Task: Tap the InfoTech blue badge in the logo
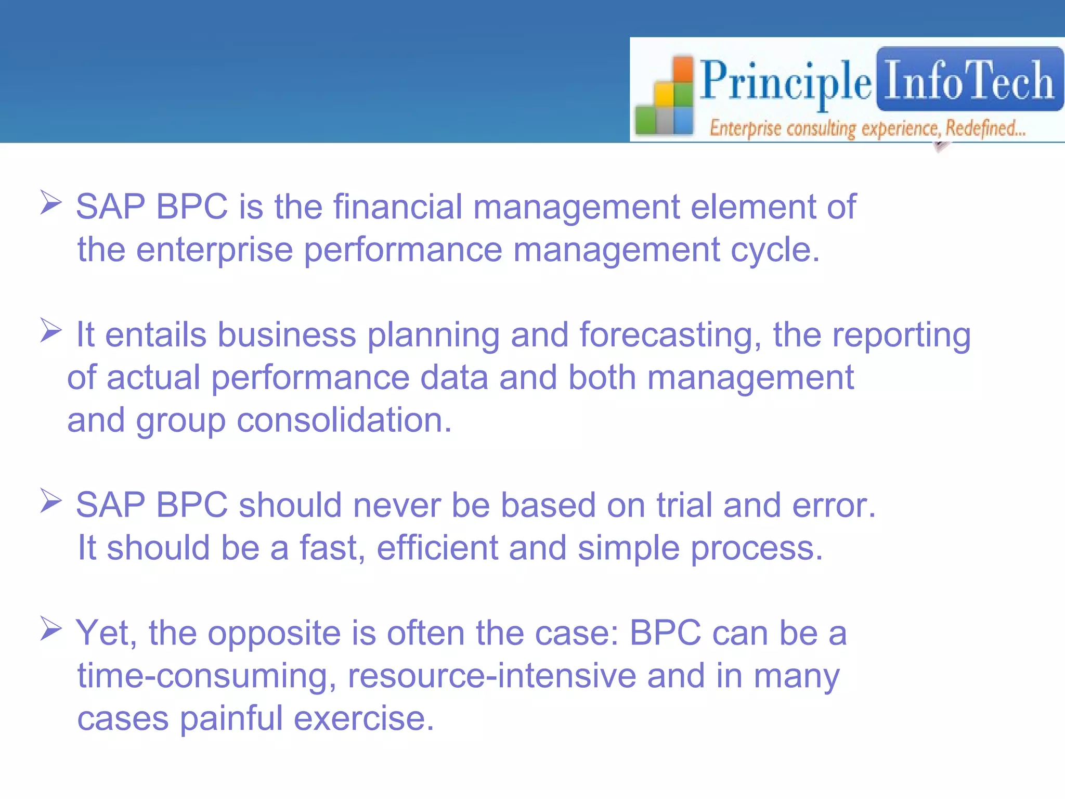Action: click(x=969, y=80)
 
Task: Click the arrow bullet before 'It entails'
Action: click(x=51, y=331)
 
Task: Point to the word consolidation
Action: click(x=344, y=420)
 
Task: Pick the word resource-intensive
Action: click(x=491, y=676)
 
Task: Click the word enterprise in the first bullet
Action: click(x=214, y=250)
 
